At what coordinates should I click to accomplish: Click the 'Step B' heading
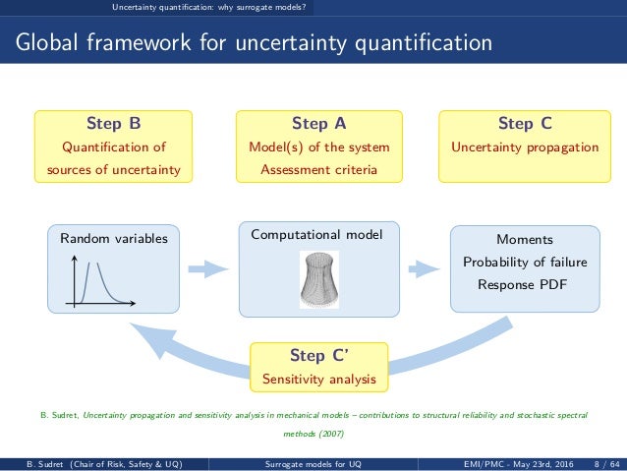click(x=113, y=124)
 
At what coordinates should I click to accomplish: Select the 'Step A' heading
click(x=318, y=124)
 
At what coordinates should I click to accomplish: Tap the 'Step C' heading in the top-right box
click(x=524, y=124)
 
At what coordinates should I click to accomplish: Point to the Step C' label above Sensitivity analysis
click(x=318, y=355)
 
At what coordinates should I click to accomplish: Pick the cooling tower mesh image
click(x=317, y=277)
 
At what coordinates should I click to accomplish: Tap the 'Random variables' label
click(x=113, y=238)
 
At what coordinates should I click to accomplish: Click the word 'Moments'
click(x=524, y=239)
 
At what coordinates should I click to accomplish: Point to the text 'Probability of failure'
click(x=524, y=262)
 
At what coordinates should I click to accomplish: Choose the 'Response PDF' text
click(x=524, y=285)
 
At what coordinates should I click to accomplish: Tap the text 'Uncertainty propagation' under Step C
click(x=524, y=147)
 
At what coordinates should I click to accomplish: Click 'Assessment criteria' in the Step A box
click(x=318, y=170)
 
